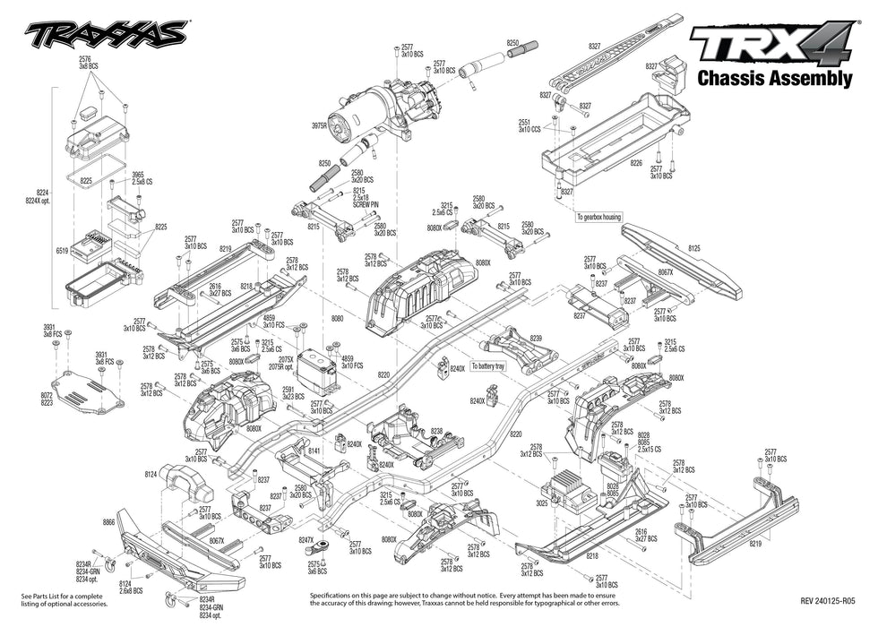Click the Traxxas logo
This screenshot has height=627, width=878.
106,35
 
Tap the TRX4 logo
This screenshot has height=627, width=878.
770,45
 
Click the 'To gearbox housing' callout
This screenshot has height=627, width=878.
598,217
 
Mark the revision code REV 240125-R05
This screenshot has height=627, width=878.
828,602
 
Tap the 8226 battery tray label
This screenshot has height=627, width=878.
636,164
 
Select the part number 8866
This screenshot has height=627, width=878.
109,521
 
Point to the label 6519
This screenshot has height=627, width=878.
62,253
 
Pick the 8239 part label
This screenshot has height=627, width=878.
537,338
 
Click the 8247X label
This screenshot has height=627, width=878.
306,540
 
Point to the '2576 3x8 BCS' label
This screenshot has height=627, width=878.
87,63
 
